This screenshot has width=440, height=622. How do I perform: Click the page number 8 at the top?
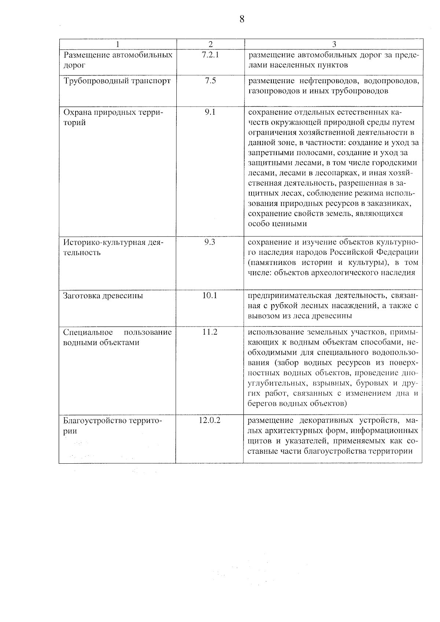coord(242,19)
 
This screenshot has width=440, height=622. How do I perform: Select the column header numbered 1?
coord(117,44)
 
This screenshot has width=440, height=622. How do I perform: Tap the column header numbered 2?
coord(210,44)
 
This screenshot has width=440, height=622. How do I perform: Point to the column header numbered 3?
coord(334,44)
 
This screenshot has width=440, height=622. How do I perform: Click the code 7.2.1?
coord(210,55)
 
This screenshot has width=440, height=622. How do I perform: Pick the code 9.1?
coord(210,112)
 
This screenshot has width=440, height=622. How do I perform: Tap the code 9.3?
coord(210,242)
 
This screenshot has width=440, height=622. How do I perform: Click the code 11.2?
coord(210,332)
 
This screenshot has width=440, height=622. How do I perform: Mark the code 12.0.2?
coord(210,420)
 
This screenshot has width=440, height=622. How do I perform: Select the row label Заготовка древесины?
coord(103,296)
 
